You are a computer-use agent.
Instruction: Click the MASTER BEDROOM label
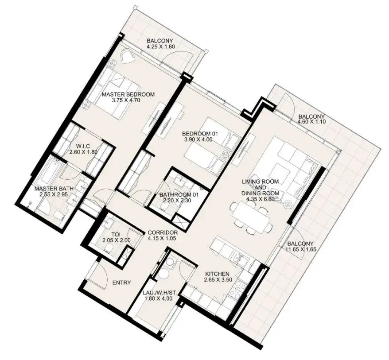pos(128,94)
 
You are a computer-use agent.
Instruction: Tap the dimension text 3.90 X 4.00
pos(198,139)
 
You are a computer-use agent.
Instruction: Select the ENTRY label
pos(121,283)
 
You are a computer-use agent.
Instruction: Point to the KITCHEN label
pos(217,274)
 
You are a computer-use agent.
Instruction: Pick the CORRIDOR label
pos(163,233)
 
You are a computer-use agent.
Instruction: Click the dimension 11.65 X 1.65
pos(300,249)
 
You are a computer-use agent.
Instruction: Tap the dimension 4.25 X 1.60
pos(160,46)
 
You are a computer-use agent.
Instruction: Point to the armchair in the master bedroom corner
pos(128,56)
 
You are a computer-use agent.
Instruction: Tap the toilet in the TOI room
pos(109,248)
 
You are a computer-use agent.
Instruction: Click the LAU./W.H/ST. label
pos(159,293)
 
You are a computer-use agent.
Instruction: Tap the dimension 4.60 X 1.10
pos(311,122)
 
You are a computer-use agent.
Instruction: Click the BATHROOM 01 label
pos(179,195)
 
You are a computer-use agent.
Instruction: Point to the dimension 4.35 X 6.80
pos(260,198)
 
